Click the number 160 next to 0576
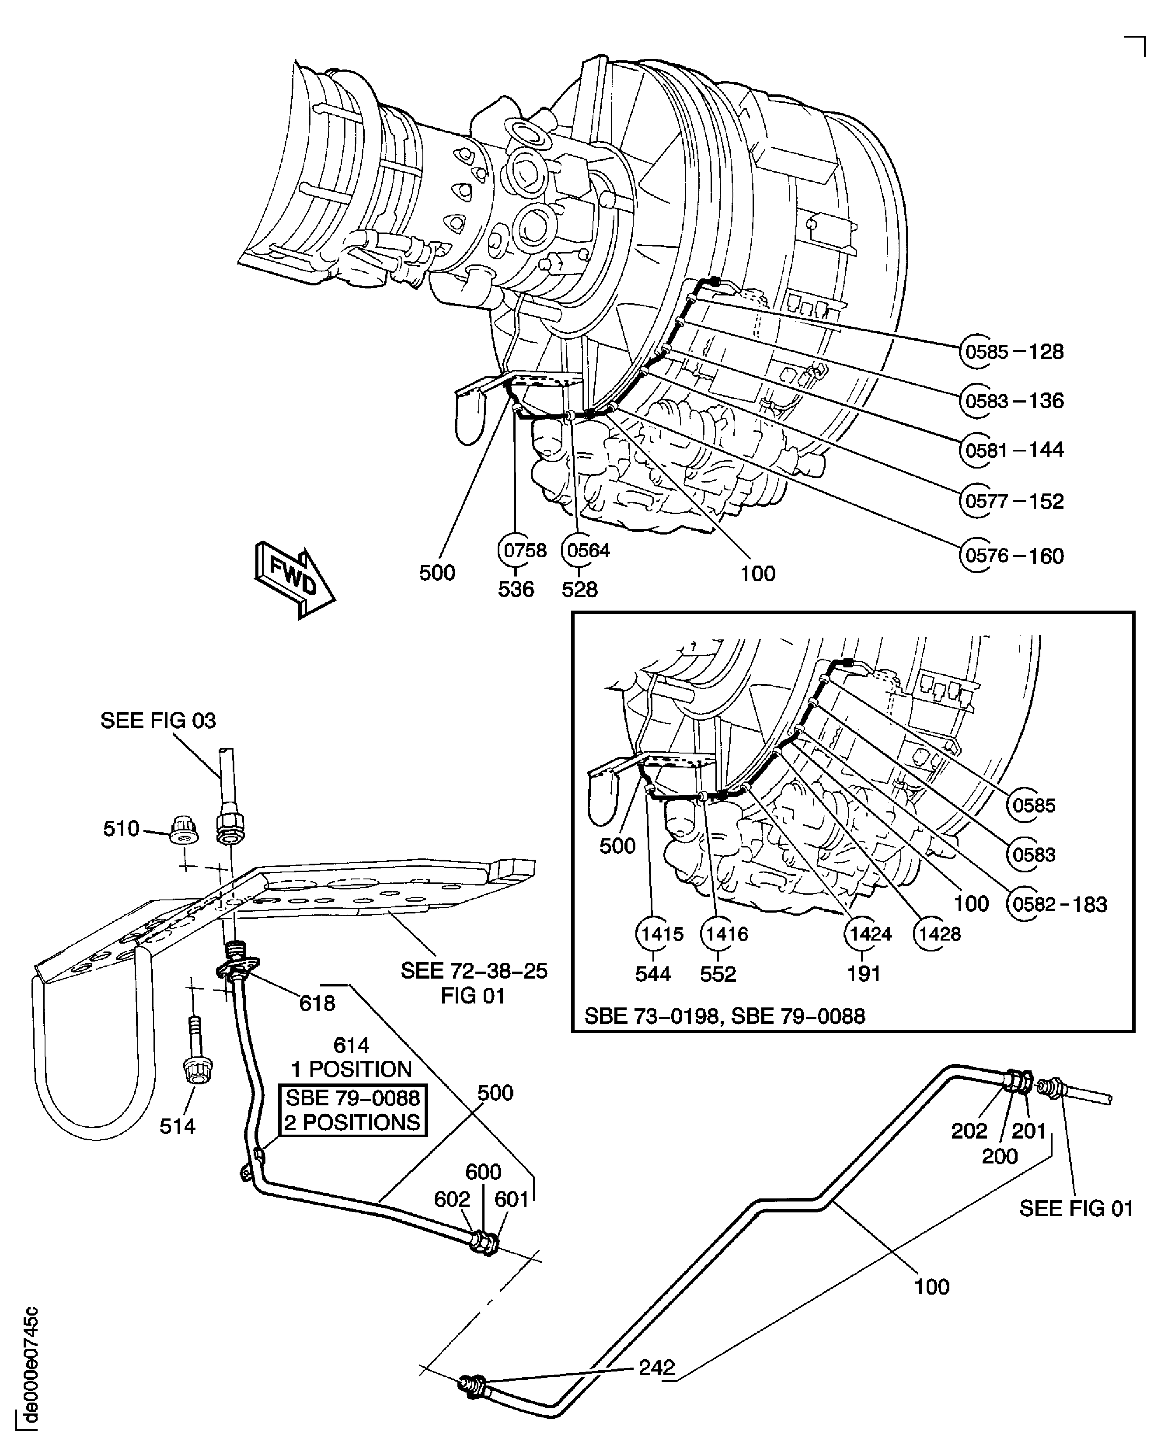(x=1046, y=556)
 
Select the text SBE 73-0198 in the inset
(x=651, y=1016)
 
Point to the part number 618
(x=317, y=1004)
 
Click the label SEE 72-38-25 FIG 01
(x=474, y=983)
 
